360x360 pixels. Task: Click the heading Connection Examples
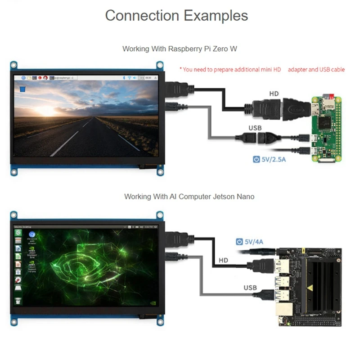tap(176, 16)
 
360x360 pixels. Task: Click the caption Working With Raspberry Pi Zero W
tap(180, 49)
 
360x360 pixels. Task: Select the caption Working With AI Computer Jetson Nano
tap(180, 197)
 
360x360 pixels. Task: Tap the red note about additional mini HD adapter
tap(262, 69)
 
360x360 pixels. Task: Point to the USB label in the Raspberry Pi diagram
tap(255, 128)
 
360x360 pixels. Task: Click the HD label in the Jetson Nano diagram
tap(224, 261)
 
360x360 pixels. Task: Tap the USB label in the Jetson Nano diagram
tap(250, 287)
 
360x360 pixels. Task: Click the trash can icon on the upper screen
tap(21, 90)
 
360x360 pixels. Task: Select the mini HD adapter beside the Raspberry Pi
tap(295, 108)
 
